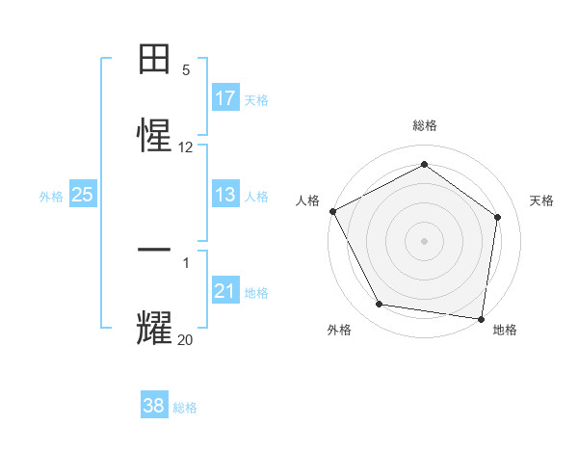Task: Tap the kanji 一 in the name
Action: (x=155, y=250)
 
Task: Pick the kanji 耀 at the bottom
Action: (x=155, y=326)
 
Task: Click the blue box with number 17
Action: (x=225, y=98)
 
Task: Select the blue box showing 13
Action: (x=225, y=195)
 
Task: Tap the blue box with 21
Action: (x=225, y=291)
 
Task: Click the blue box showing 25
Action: (x=83, y=195)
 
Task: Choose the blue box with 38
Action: (x=154, y=406)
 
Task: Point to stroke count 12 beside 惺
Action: (x=186, y=147)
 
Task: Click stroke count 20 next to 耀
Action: (x=186, y=338)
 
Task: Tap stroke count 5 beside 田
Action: (x=186, y=70)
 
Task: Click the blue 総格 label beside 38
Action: (x=185, y=408)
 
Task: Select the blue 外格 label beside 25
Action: (x=51, y=197)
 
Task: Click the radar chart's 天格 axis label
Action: (x=542, y=200)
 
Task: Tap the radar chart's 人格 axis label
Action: (x=307, y=200)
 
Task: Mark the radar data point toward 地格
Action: (x=482, y=318)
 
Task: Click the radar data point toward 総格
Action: (x=424, y=165)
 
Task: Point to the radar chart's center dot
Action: (x=424, y=240)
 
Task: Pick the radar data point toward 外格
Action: (x=380, y=305)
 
